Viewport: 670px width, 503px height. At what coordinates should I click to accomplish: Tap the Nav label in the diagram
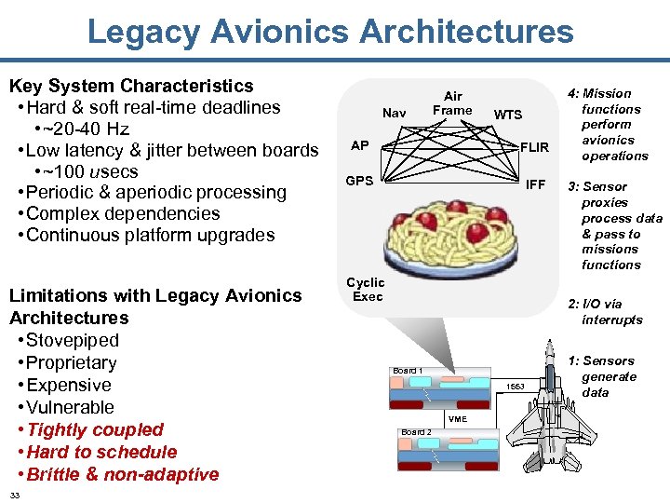pos(394,113)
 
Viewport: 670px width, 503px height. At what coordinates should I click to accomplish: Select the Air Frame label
pos(452,102)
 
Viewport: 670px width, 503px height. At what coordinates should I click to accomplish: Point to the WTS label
pos(508,115)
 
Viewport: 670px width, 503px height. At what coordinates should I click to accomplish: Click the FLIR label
pos(534,147)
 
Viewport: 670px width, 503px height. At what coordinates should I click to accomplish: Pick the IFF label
pos(535,184)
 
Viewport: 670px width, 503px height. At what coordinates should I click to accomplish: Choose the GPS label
pos(360,181)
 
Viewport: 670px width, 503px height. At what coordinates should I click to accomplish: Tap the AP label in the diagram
pos(359,145)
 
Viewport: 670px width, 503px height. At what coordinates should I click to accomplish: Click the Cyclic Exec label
pos(366,289)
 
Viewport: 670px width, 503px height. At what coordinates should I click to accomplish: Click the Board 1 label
pos(408,371)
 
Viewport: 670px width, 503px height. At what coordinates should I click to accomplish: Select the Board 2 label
pos(415,432)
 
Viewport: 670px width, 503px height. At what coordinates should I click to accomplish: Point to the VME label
pos(458,419)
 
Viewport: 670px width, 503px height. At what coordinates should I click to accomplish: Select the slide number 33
pos(15,494)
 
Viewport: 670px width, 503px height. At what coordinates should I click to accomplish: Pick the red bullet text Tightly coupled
pos(96,429)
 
